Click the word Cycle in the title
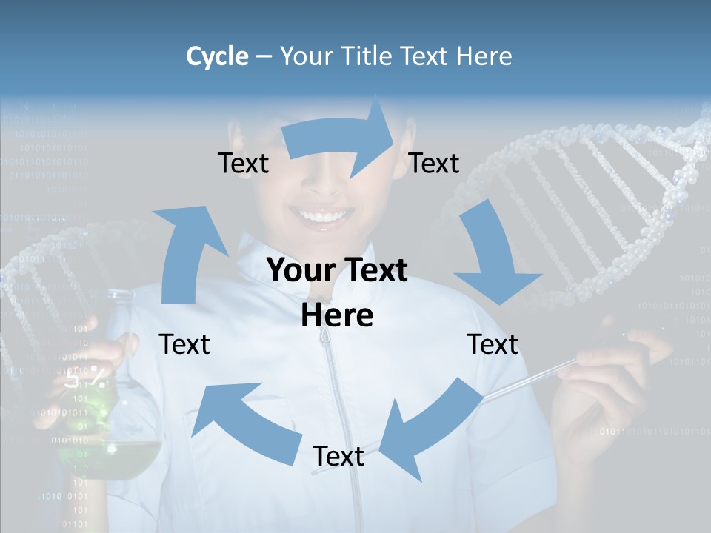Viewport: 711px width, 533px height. (x=217, y=56)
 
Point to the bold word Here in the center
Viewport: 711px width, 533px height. (x=337, y=316)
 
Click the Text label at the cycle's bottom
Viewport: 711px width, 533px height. (x=338, y=457)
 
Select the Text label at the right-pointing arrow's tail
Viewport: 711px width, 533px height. (x=243, y=164)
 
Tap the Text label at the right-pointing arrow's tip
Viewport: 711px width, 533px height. (x=434, y=164)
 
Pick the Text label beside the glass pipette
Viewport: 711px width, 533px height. (x=493, y=345)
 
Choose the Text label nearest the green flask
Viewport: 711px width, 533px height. (x=184, y=345)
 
